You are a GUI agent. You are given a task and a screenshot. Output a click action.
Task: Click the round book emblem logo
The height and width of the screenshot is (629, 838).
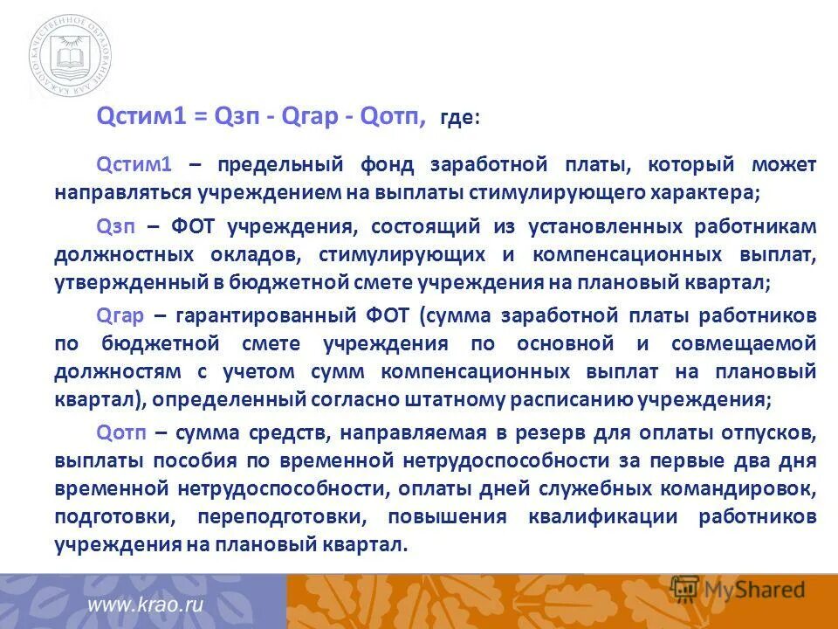tap(69, 58)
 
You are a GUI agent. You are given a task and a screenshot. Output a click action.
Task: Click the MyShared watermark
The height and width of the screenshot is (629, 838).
tap(738, 590)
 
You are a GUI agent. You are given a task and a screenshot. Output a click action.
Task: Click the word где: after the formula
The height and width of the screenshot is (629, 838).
tap(459, 117)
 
